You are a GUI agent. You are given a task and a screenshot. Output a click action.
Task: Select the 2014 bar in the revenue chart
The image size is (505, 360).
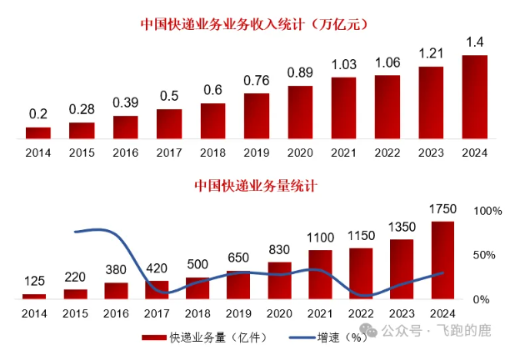point(37,132)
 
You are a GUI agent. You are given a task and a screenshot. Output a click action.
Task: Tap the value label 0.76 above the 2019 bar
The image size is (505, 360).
point(257,80)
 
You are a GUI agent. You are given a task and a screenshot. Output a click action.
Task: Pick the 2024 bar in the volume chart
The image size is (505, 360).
point(442,260)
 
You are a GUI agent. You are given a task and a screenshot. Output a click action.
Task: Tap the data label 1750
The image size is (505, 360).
point(442,208)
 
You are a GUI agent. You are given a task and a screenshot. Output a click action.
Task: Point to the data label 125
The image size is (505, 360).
point(34,282)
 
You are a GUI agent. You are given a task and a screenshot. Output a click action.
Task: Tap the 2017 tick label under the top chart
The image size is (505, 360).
point(168,152)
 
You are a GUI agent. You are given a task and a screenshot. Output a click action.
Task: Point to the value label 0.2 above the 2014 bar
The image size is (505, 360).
point(37,114)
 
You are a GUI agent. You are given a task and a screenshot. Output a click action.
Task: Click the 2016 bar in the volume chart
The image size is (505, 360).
point(117,290)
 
